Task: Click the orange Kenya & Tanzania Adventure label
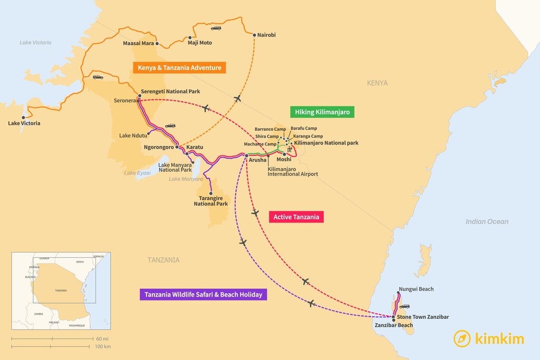[179, 67]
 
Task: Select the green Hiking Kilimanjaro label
[322, 112]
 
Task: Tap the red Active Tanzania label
[296, 217]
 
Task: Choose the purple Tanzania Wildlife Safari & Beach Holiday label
[203, 295]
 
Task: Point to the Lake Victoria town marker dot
[23, 117]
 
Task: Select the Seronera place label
[125, 100]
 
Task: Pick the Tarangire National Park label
[211, 201]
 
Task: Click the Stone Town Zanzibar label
[423, 317]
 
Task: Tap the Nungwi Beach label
[416, 289]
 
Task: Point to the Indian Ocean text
[487, 222]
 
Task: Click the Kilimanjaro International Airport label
[293, 171]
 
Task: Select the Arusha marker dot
[246, 155]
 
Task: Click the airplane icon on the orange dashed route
[237, 99]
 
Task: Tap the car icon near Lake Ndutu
[170, 125]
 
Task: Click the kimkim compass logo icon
[462, 338]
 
